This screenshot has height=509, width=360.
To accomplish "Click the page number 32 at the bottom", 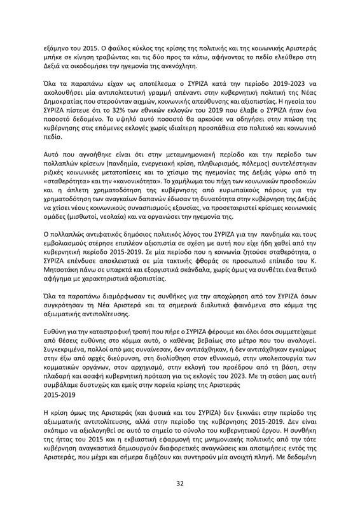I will [180, 483].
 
